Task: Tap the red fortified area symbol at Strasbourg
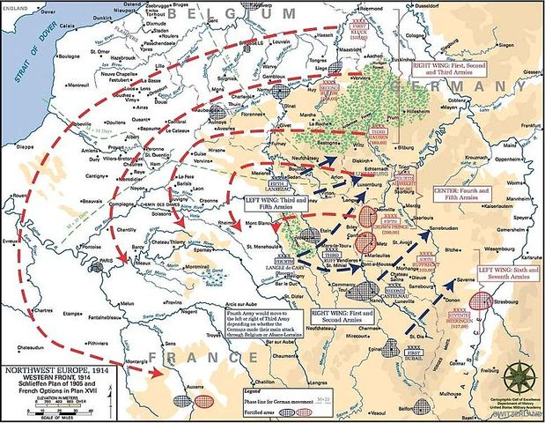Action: coord(481,300)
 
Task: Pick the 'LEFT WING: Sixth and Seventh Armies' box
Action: coord(506,274)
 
